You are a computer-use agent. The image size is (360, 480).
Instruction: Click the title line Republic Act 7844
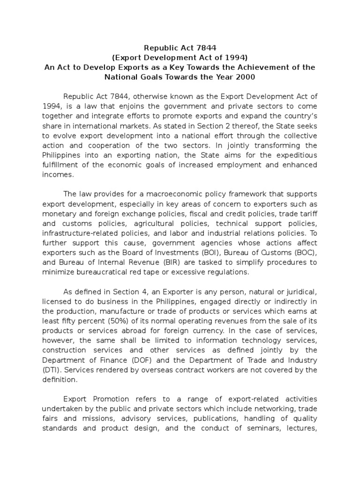click(180, 48)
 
